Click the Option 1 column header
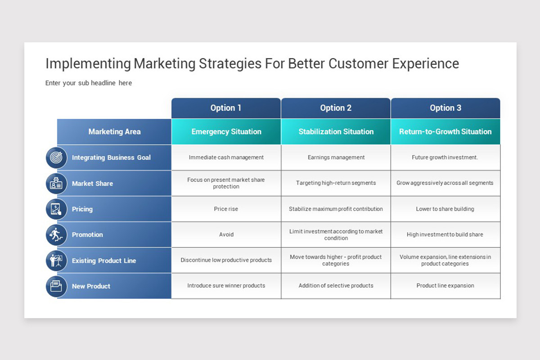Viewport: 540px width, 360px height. (226, 108)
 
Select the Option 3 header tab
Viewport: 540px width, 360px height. (445, 108)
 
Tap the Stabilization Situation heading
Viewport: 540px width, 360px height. (336, 132)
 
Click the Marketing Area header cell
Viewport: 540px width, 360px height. (114, 132)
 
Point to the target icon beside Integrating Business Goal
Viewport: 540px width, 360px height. (56, 157)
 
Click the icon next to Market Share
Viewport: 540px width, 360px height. (56, 184)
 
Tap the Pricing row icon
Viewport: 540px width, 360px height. (56, 209)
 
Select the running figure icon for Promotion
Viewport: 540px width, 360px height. (56, 234)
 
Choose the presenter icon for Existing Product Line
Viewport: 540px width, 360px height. (56, 261)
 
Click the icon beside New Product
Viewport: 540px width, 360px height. (56, 286)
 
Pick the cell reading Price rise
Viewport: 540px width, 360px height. (226, 209)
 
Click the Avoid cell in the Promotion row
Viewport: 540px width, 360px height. (226, 234)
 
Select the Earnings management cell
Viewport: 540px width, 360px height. (336, 157)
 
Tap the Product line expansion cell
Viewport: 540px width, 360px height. (445, 286)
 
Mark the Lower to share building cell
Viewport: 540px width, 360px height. (445, 209)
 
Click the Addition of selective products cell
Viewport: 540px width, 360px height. (336, 286)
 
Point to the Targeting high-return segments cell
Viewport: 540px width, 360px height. (336, 183)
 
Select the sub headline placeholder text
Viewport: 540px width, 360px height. (89, 83)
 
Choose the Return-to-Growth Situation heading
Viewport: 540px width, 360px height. (445, 132)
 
